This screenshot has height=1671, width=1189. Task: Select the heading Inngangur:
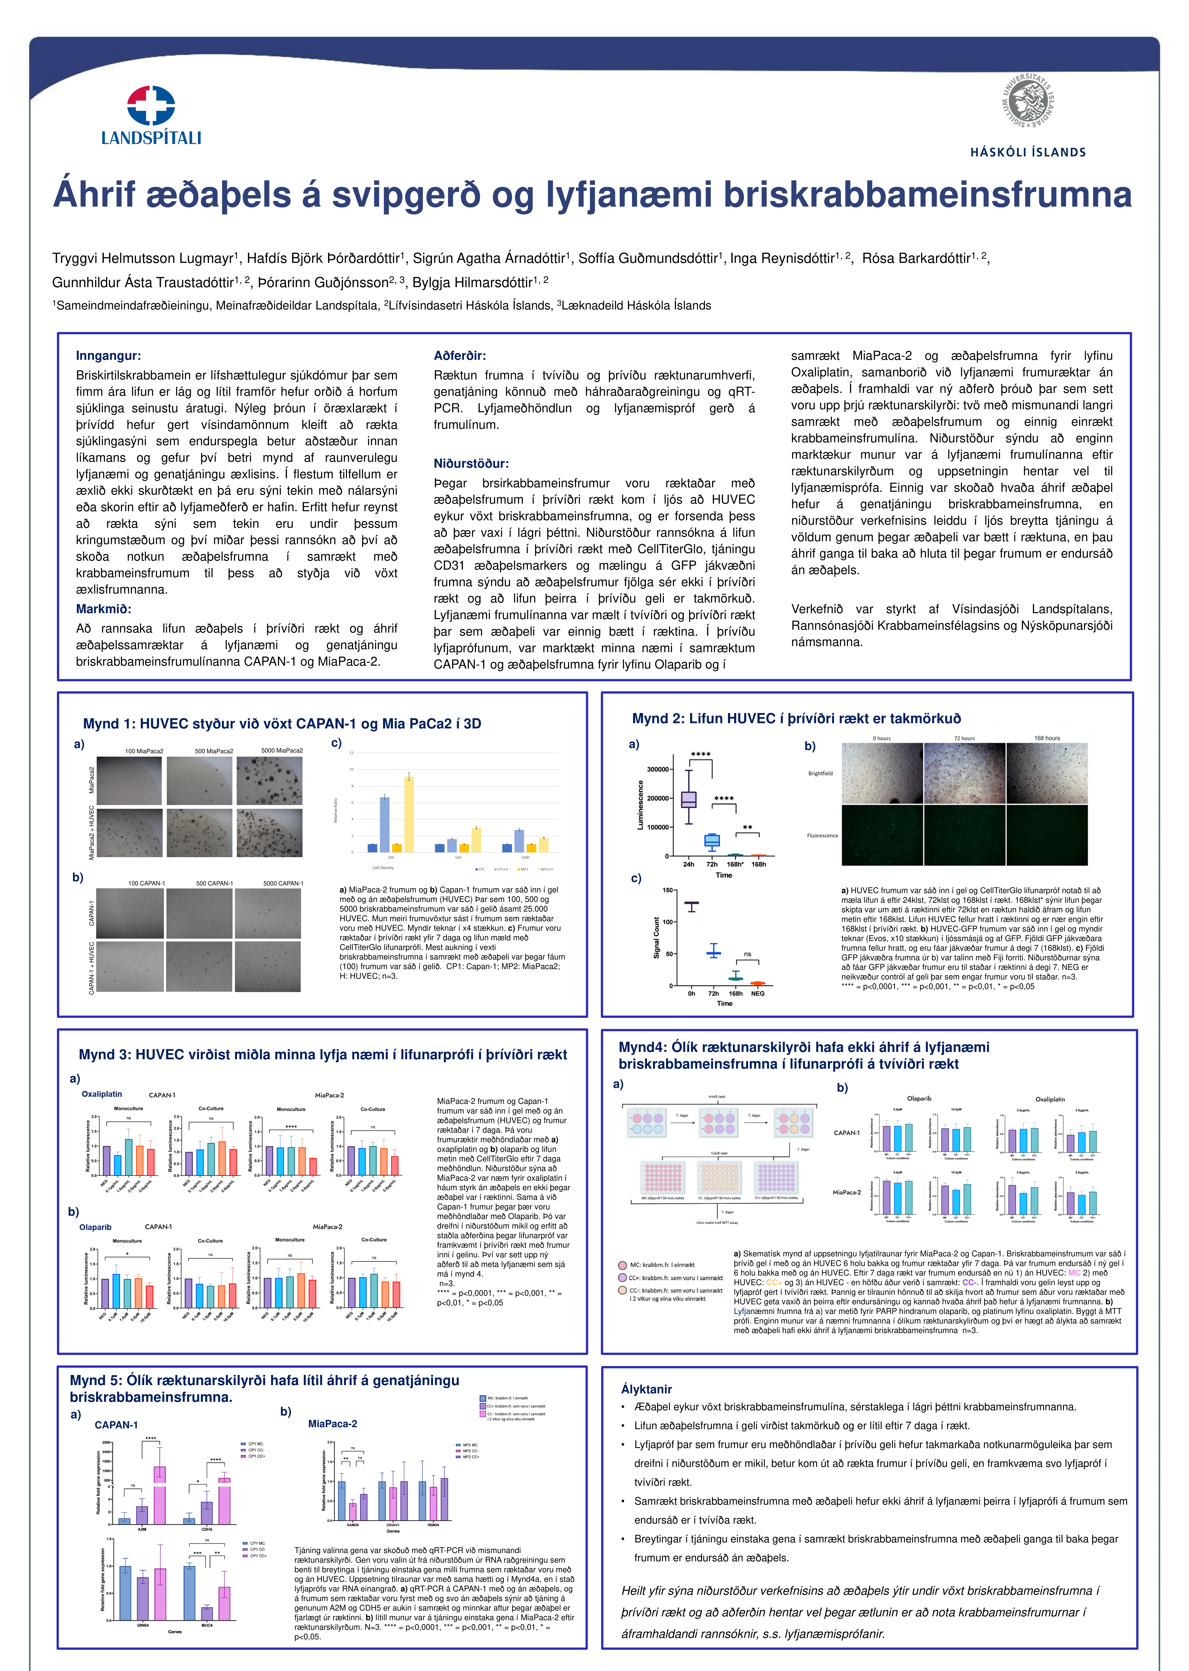(108, 356)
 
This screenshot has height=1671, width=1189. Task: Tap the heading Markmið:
(103, 609)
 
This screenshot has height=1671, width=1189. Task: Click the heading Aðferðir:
(460, 356)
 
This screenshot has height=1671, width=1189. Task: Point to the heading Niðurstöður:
(471, 464)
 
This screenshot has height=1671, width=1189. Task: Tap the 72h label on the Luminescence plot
(712, 864)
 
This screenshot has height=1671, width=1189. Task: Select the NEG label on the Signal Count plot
(758, 994)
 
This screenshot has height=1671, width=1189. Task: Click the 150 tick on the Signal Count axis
(668, 890)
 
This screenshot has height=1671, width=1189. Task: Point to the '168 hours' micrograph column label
(1047, 738)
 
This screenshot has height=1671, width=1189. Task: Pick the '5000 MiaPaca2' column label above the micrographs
(282, 751)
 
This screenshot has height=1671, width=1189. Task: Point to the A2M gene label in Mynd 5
(142, 1529)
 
